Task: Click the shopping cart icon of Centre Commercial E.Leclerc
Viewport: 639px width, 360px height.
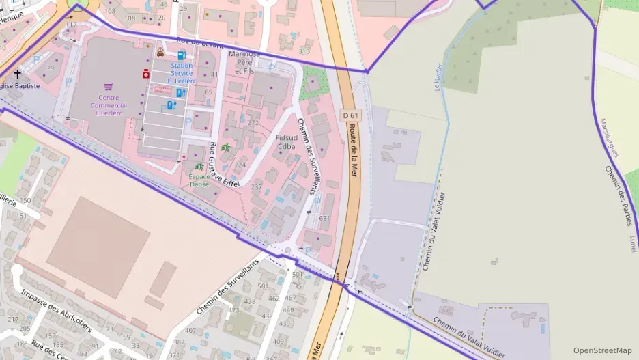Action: pyautogui.click(x=109, y=87)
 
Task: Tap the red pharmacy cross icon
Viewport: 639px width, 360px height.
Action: pyautogui.click(x=145, y=74)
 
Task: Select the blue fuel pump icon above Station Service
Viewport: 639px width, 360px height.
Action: pyautogui.click(x=181, y=55)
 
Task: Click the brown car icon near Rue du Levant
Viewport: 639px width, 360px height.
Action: pyautogui.click(x=160, y=52)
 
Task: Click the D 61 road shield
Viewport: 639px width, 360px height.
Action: pyautogui.click(x=350, y=116)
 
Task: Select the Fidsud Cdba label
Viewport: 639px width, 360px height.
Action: pyautogui.click(x=286, y=141)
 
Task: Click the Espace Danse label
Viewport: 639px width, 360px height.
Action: pyautogui.click(x=199, y=180)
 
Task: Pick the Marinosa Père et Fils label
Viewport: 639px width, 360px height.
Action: pyautogui.click(x=244, y=61)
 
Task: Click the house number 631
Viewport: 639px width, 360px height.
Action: pyautogui.click(x=324, y=218)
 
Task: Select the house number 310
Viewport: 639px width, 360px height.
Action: pyautogui.click(x=304, y=51)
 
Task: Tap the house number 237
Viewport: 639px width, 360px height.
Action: pyautogui.click(x=257, y=186)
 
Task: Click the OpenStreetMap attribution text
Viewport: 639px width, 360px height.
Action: pyautogui.click(x=602, y=350)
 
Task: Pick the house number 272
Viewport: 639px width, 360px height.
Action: pyautogui.click(x=253, y=123)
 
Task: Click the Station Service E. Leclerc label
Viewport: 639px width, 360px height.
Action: pyautogui.click(x=182, y=73)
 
